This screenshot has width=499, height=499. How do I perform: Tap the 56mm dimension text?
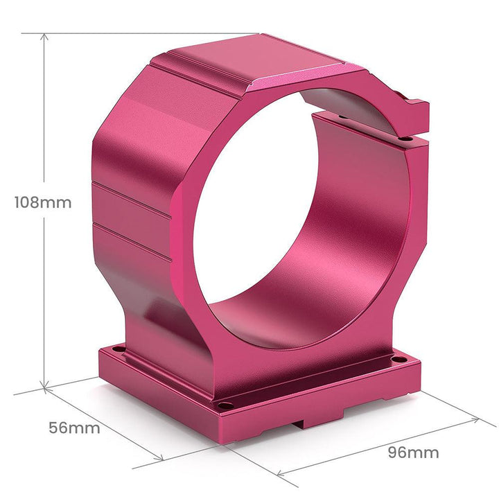74,428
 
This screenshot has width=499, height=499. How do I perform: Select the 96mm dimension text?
413,453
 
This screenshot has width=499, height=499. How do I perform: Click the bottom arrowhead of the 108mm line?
45,388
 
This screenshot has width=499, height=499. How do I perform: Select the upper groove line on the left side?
132,200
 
